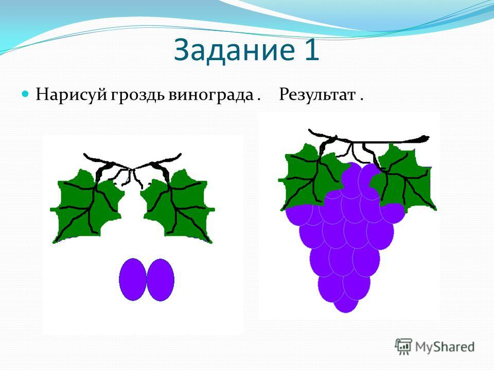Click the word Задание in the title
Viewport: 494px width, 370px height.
(x=234, y=50)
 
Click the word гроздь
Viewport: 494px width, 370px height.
(x=138, y=95)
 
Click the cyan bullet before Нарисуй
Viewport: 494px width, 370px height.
(x=26, y=94)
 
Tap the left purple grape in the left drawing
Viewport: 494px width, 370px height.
(x=133, y=280)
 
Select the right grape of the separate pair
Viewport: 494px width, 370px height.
(x=161, y=280)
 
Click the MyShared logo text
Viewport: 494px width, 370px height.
(x=445, y=347)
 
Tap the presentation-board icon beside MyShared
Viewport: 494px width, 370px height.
(x=404, y=346)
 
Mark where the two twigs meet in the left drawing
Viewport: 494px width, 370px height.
(x=131, y=169)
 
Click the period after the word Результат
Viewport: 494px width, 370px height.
(x=361, y=100)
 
